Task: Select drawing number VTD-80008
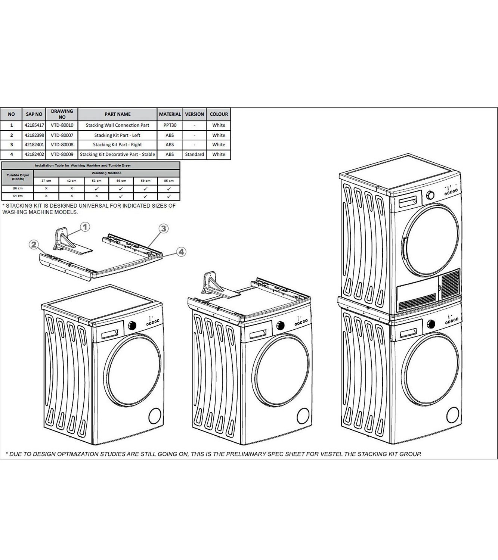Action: click(x=62, y=145)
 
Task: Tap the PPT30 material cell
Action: click(x=170, y=125)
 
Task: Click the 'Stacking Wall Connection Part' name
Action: click(x=117, y=125)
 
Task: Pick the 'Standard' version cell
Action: click(x=194, y=154)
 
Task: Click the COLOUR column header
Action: click(x=219, y=114)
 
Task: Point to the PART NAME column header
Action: click(x=117, y=114)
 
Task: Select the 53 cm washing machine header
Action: click(x=96, y=181)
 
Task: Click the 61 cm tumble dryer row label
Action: click(x=18, y=196)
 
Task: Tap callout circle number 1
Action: click(x=85, y=227)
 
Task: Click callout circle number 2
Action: click(x=34, y=245)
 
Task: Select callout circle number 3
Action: click(x=163, y=228)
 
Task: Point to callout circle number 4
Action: click(x=181, y=252)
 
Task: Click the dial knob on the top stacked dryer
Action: click(x=431, y=195)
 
